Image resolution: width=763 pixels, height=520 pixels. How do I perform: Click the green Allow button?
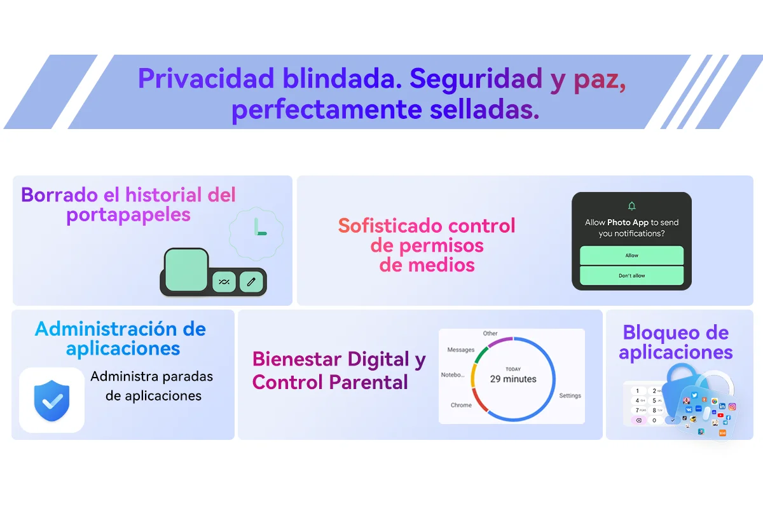click(x=631, y=256)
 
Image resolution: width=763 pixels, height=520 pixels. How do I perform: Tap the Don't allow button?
click(x=631, y=275)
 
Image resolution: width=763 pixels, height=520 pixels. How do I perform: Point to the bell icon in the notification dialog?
click(x=631, y=206)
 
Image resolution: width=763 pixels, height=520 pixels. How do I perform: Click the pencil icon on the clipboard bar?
click(x=251, y=282)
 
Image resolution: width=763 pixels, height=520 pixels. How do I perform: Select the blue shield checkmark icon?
click(x=52, y=400)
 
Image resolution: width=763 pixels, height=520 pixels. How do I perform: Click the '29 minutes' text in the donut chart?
click(x=513, y=379)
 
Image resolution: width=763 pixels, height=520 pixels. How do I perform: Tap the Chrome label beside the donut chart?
click(x=461, y=405)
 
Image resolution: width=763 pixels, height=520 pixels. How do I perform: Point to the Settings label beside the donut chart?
click(x=570, y=395)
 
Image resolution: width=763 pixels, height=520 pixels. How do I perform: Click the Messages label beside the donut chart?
click(x=460, y=350)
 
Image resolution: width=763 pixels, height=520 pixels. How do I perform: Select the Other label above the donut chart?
click(x=490, y=333)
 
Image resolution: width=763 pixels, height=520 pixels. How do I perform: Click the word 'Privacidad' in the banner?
click(x=206, y=79)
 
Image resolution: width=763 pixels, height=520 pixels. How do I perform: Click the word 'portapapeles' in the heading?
click(x=128, y=216)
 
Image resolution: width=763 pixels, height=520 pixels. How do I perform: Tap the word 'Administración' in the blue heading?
click(x=106, y=329)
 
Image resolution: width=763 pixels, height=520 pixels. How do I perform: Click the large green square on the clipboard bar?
click(x=186, y=270)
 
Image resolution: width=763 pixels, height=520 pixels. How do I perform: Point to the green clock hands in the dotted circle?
click(x=260, y=227)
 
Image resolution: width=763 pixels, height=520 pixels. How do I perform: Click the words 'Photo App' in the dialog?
click(x=628, y=222)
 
